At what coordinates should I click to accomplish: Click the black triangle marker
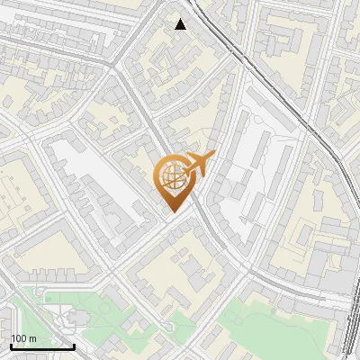click(181, 24)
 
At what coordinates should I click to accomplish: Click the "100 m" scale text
click(22, 338)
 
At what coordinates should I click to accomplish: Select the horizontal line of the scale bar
click(42, 346)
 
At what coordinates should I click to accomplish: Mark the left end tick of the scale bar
click(11, 345)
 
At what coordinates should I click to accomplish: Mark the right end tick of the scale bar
click(74, 345)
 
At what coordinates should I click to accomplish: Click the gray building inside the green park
click(74, 317)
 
